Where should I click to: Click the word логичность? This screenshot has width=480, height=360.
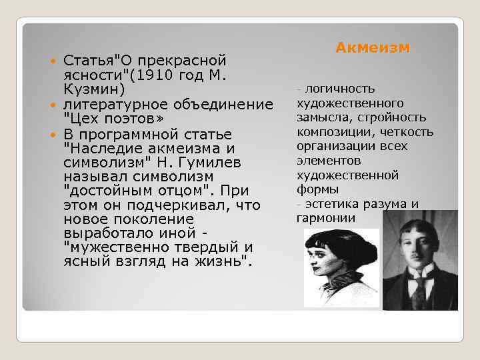tap(340, 89)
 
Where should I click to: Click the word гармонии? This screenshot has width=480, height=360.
tap(327, 218)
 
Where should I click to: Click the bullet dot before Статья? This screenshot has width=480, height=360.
tap(54, 62)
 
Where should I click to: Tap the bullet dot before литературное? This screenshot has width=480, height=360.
tap(54, 105)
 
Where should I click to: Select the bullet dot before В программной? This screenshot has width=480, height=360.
tap(54, 134)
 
